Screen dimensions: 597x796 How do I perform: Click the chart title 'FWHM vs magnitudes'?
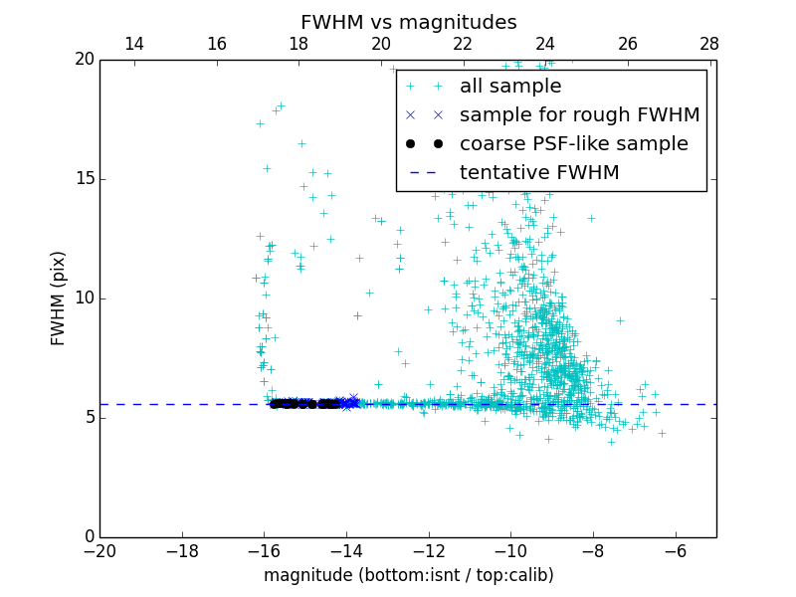pos(408,22)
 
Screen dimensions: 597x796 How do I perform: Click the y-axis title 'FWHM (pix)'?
pos(59,298)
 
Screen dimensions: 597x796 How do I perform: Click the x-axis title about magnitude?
pos(408,575)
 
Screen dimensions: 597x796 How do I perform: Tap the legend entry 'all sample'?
pos(509,87)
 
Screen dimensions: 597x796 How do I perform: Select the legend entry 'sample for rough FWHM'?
pos(579,115)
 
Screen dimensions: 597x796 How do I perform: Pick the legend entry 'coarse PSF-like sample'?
pos(573,144)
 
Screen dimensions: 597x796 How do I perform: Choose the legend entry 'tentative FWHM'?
pos(539,173)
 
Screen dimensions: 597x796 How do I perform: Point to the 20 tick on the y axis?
pos(83,60)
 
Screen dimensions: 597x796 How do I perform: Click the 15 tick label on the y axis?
pos(83,179)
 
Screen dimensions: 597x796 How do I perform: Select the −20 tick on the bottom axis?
pos(99,551)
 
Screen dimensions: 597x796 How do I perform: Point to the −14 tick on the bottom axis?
pos(346,551)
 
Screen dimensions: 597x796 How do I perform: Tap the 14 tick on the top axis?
pos(134,44)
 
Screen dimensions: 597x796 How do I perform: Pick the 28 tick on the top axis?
pos(709,44)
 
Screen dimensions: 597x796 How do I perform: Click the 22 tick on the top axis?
pos(463,44)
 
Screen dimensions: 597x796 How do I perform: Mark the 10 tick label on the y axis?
pos(83,298)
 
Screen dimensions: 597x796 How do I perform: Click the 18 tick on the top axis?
pos(298,44)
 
